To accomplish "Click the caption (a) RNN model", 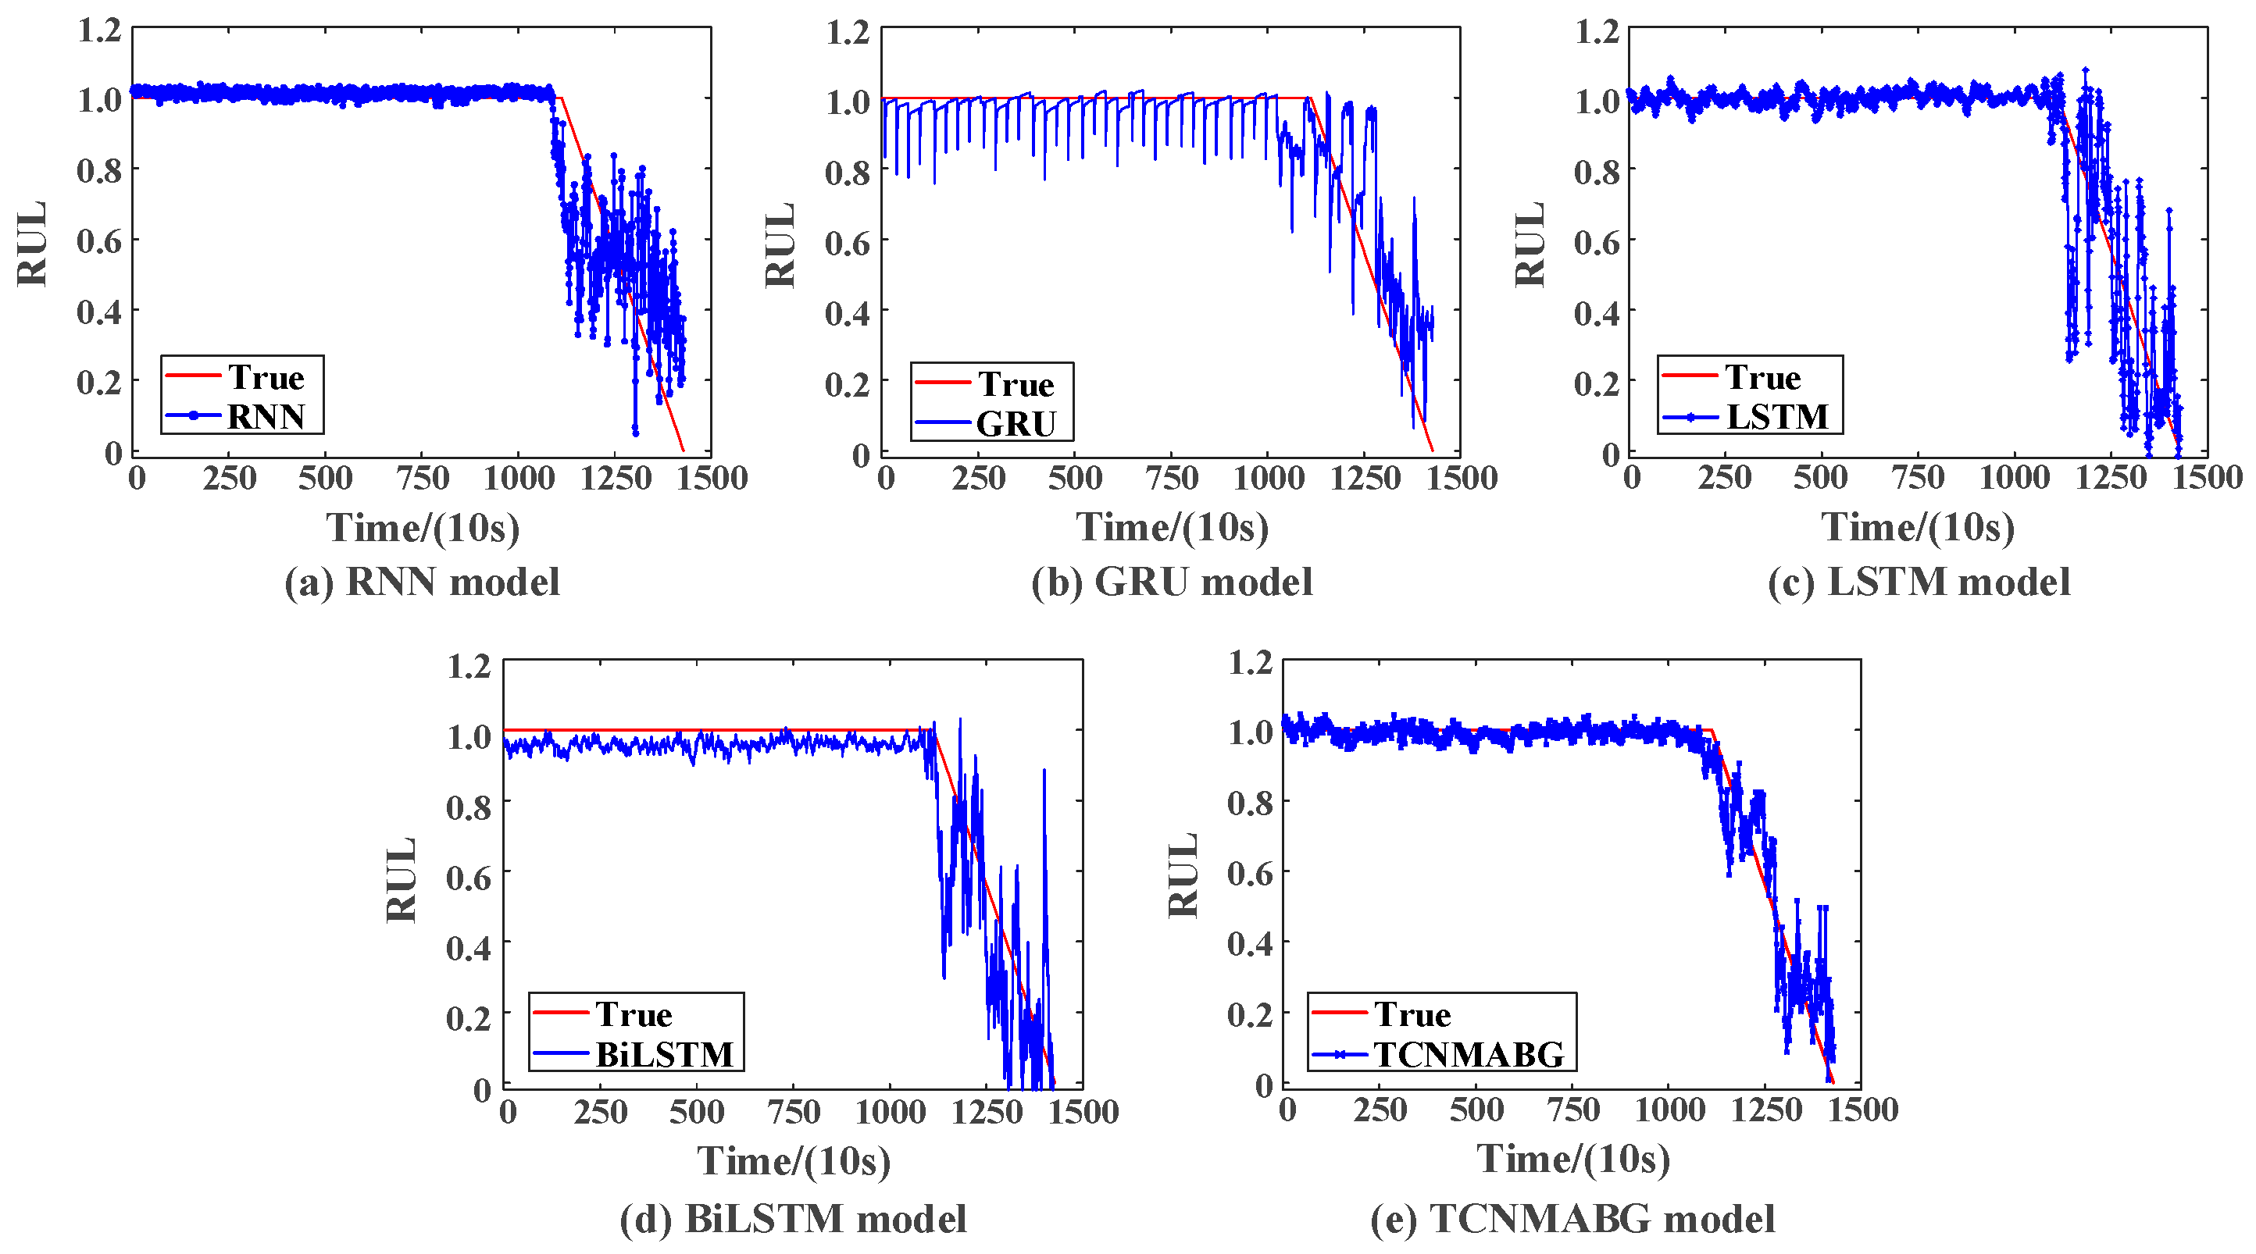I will click(422, 582).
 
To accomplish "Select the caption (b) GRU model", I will click(1172, 582).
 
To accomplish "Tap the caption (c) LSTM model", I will click(1919, 582).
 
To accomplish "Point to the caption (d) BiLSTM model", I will click(794, 1219).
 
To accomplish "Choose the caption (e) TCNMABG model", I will click(1573, 1219).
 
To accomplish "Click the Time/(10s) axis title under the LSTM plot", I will click(1918, 526).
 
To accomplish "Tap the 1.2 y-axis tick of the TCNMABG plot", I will click(1250, 662).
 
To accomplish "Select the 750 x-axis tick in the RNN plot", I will click(422, 478).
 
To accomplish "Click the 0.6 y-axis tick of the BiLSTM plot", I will click(469, 877).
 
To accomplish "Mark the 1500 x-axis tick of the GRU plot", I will click(1461, 478).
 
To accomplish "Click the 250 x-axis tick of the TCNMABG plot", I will click(1380, 1110).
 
